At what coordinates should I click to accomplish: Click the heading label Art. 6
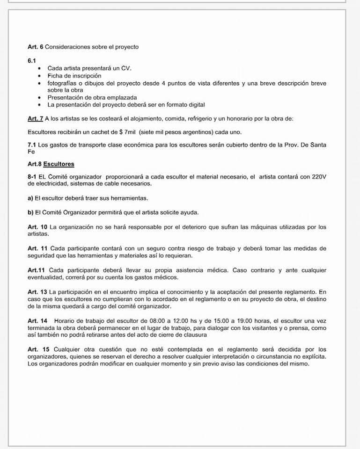coord(36,47)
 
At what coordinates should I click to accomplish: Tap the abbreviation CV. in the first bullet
coord(126,68)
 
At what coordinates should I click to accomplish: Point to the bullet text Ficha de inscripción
coord(74,76)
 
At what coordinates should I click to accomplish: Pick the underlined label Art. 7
coord(36,119)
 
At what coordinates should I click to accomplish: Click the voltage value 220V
coord(317,177)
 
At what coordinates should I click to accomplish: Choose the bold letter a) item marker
coord(31,198)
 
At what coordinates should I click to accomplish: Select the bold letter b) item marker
coord(31,212)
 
